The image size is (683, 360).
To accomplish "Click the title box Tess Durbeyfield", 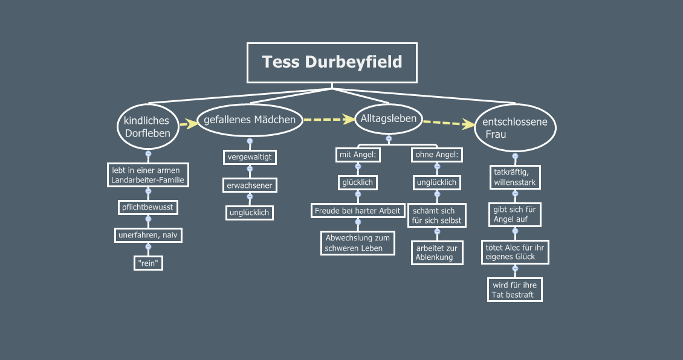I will click(x=332, y=62).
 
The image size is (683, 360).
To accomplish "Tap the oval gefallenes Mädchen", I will click(x=250, y=120).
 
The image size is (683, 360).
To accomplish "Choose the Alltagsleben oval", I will click(x=389, y=119).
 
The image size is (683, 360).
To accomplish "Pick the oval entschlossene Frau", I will click(x=515, y=128).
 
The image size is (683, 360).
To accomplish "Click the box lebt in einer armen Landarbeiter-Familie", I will click(x=148, y=175).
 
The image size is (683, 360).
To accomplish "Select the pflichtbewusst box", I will click(x=148, y=207).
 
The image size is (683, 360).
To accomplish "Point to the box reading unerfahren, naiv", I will click(x=148, y=234).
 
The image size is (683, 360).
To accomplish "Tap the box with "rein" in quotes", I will click(x=148, y=263).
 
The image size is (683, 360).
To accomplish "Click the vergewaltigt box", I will click(x=250, y=157).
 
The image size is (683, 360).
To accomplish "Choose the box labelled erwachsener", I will click(x=250, y=185).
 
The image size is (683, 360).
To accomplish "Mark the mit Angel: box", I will click(x=357, y=155).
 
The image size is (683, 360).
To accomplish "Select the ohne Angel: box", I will click(x=437, y=155).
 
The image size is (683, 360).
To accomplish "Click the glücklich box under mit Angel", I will click(x=357, y=182).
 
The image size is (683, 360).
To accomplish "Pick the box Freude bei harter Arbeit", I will click(x=357, y=211).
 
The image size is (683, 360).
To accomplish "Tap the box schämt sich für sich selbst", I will click(x=437, y=216).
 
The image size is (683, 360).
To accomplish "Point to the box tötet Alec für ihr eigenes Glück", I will click(x=515, y=252).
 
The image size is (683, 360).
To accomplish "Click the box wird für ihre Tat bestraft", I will click(x=515, y=289).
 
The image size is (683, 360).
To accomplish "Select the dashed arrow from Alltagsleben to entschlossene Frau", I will click(x=448, y=123).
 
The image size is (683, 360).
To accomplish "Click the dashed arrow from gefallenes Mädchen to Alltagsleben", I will click(x=328, y=120).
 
